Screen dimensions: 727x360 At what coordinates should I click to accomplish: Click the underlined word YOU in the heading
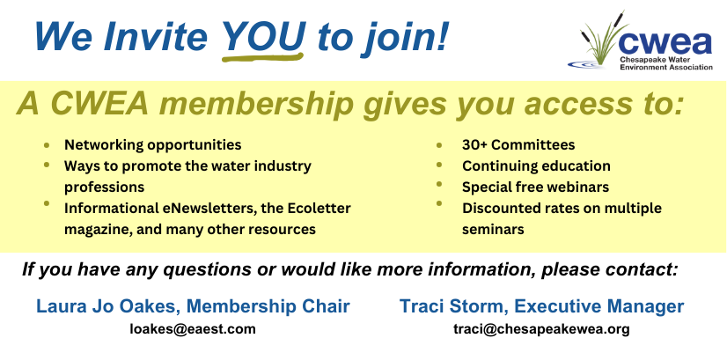tap(263, 36)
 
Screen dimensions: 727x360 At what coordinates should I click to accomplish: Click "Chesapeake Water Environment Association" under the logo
tap(666, 63)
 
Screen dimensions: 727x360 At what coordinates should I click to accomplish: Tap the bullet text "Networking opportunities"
tap(152, 144)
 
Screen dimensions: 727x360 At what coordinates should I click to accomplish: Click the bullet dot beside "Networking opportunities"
tap(47, 145)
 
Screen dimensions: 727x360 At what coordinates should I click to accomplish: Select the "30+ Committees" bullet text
tap(518, 144)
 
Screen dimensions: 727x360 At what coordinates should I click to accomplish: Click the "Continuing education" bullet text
tap(536, 165)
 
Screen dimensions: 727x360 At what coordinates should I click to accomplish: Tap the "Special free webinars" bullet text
tap(535, 187)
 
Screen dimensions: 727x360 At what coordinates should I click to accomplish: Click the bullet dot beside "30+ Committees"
tap(439, 145)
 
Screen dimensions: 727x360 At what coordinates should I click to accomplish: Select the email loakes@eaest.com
tap(193, 329)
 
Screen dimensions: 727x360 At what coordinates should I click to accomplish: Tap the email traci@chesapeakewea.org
tap(541, 330)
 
